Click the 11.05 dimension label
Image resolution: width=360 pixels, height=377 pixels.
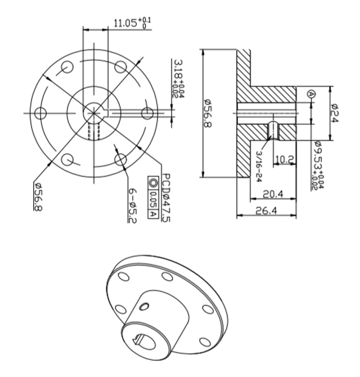(x=132, y=23)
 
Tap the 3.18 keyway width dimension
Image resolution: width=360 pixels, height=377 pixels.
(x=178, y=79)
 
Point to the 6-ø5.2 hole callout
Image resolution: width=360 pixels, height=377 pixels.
(x=132, y=205)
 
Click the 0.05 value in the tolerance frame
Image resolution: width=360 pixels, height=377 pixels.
(x=153, y=200)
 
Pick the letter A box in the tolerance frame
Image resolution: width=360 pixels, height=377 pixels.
(x=153, y=214)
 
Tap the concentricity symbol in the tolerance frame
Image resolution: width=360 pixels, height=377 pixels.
(x=153, y=183)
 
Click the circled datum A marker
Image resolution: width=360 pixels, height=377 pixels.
(x=312, y=94)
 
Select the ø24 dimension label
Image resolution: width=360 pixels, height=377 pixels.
(x=334, y=113)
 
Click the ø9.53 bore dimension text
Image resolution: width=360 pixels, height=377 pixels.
(x=319, y=165)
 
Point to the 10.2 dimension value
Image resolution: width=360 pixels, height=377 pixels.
(x=284, y=159)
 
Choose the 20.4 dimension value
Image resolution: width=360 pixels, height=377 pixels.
(x=273, y=194)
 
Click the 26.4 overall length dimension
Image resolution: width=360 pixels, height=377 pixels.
(x=266, y=210)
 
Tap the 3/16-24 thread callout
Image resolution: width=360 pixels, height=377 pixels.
(x=259, y=167)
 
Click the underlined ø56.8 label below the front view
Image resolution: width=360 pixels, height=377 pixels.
(x=38, y=197)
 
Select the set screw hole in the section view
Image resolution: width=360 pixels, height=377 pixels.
(x=273, y=131)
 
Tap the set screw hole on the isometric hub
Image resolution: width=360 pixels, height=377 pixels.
(x=144, y=306)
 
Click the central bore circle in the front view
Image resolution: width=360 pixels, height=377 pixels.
(x=93, y=113)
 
